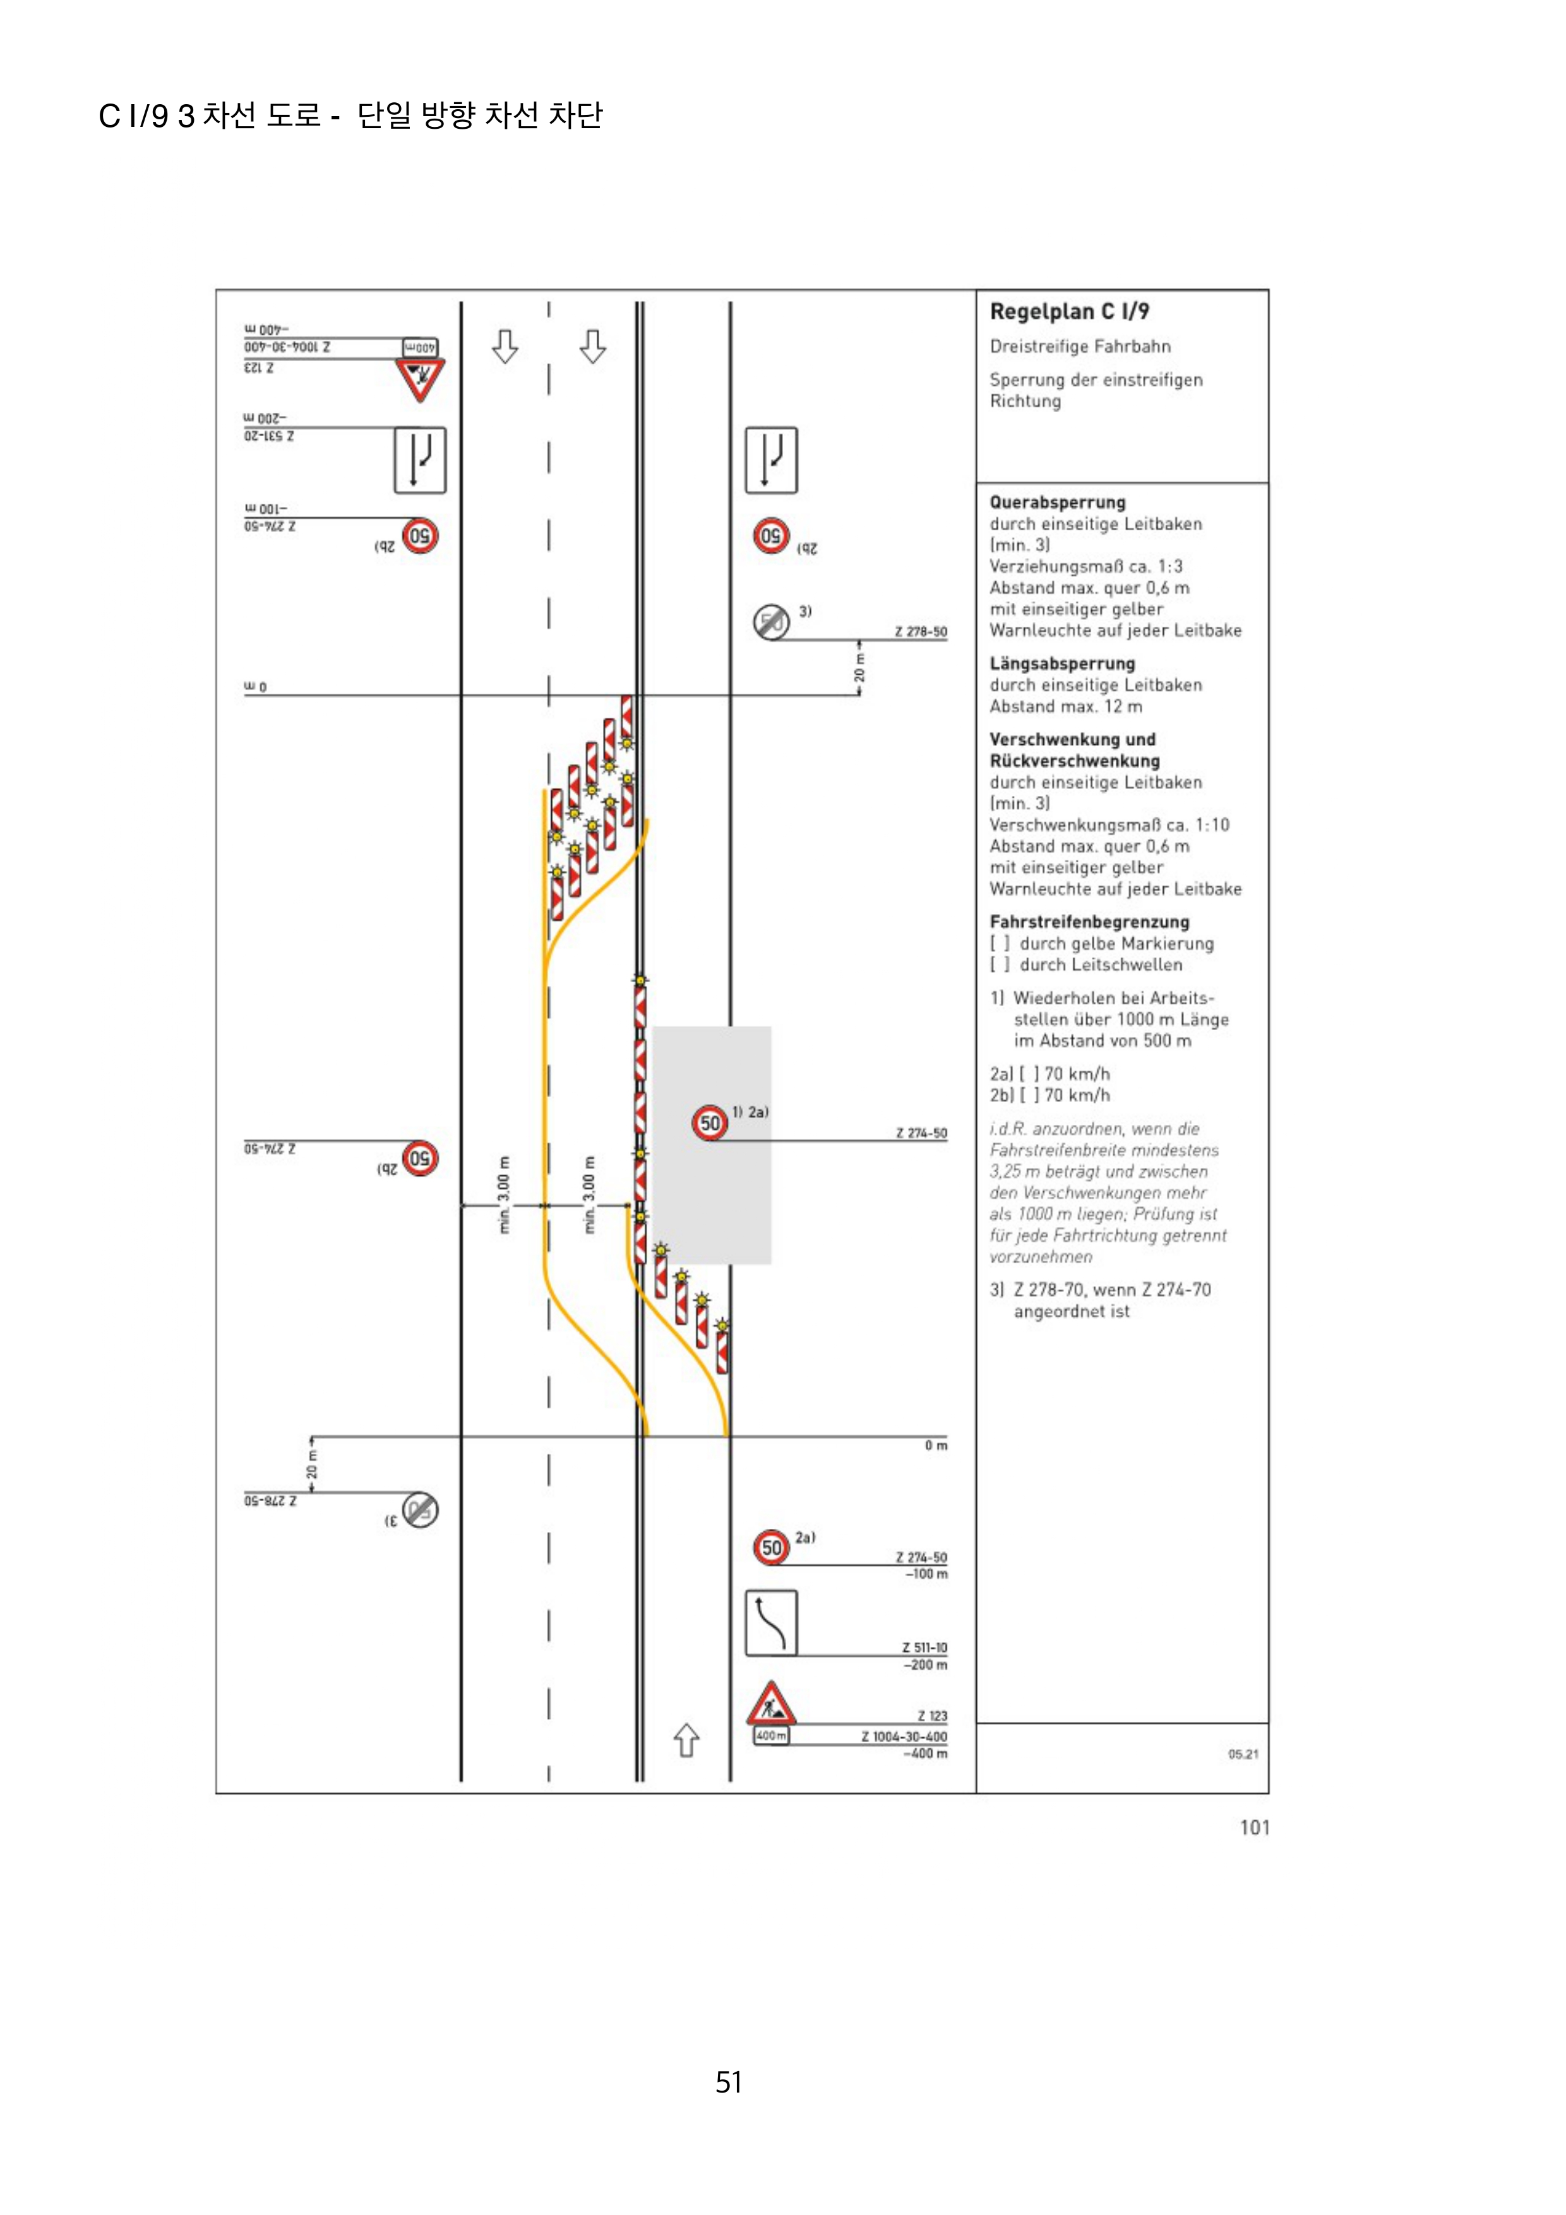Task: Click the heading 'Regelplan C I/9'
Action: pyautogui.click(x=1069, y=312)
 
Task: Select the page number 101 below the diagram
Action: pyautogui.click(x=1254, y=1827)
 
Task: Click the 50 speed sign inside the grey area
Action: pyautogui.click(x=710, y=1123)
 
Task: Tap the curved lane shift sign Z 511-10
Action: pyautogui.click(x=771, y=1623)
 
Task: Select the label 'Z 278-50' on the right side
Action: pyautogui.click(x=921, y=632)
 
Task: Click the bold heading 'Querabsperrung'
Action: pyautogui.click(x=1058, y=502)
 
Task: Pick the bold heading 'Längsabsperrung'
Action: pyautogui.click(x=1062, y=663)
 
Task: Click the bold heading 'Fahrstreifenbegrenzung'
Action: pyautogui.click(x=1089, y=922)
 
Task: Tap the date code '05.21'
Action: pyautogui.click(x=1243, y=1754)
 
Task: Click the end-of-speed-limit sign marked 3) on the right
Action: pyautogui.click(x=771, y=622)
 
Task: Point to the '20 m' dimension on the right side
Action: pyautogui.click(x=859, y=666)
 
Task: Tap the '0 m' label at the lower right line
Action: pyautogui.click(x=936, y=1445)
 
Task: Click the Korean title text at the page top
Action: pyautogui.click(x=350, y=116)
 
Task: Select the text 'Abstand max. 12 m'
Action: pyautogui.click(x=1065, y=707)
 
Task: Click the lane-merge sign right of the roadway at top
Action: pyautogui.click(x=771, y=460)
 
